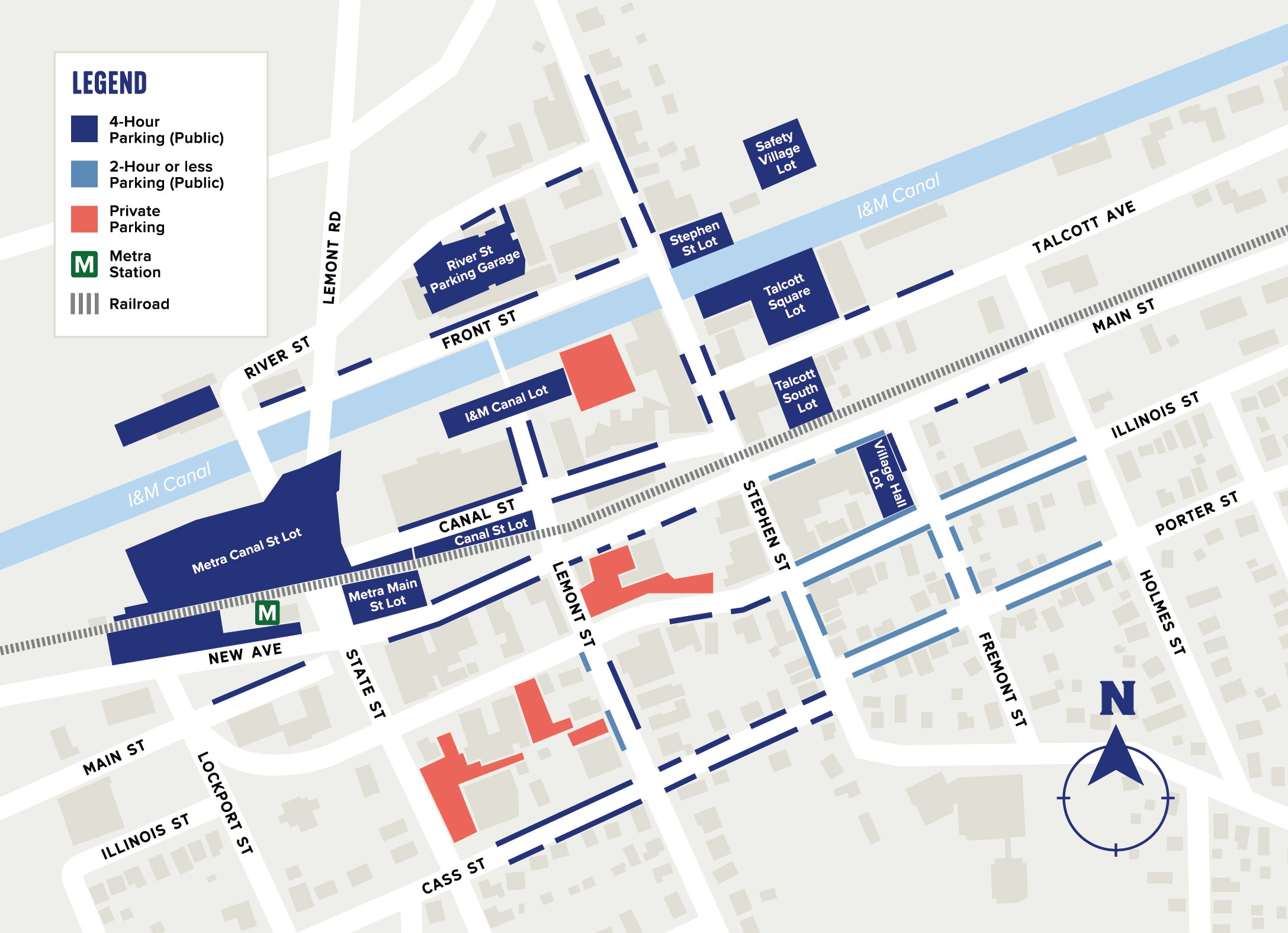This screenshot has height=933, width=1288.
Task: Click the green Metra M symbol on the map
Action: coord(267,613)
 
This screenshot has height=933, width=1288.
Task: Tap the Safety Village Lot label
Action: coord(779,153)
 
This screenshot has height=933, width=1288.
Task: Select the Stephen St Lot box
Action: coord(696,238)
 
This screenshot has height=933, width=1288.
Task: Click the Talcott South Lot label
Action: coord(799,391)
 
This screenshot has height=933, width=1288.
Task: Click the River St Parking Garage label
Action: coord(473,269)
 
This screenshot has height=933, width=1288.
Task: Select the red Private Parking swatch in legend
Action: coord(84,219)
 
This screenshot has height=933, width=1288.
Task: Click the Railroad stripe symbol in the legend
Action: coord(84,304)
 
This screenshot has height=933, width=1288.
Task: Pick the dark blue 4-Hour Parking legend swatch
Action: coord(84,129)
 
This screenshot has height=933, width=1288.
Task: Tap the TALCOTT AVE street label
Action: coord(1083,227)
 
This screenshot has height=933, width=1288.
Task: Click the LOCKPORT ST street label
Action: coord(225,803)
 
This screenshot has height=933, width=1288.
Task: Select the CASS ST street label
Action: coord(453,876)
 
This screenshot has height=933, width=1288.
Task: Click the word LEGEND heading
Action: coord(110,83)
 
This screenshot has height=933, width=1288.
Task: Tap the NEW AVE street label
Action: coord(245,653)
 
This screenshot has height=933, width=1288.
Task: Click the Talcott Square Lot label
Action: coord(788,295)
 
